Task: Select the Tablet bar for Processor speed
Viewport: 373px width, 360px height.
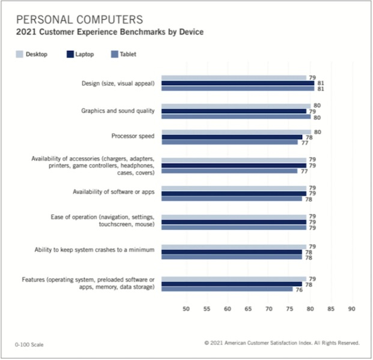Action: tap(231, 143)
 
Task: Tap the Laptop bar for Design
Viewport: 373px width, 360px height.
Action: tap(239, 83)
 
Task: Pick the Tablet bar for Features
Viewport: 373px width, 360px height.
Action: tap(228, 289)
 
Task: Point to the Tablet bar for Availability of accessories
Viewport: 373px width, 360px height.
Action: tap(231, 171)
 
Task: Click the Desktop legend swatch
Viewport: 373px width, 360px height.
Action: tap(18, 55)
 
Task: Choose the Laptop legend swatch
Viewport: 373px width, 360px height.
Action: tap(71, 55)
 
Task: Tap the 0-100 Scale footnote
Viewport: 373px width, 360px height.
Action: tap(29, 344)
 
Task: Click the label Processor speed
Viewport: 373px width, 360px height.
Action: tap(133, 136)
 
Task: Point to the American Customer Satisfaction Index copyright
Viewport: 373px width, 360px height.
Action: tap(282, 343)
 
